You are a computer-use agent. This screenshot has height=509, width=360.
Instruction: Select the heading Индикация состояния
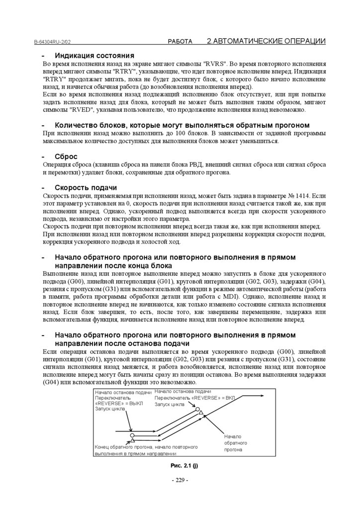94,55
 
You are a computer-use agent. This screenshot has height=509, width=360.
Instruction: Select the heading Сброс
66,156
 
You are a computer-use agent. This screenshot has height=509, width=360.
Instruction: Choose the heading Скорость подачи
86,187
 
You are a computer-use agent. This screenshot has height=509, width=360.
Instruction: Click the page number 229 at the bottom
180,480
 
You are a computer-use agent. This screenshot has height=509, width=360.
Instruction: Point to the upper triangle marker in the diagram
200,413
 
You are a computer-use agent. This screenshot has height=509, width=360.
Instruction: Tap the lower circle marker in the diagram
130,435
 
